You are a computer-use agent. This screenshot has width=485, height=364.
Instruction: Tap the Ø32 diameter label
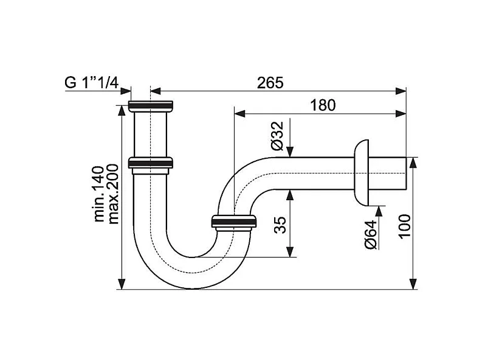pyautogui.click(x=277, y=136)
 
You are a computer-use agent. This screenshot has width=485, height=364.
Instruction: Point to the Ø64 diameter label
pyautogui.click(x=371, y=234)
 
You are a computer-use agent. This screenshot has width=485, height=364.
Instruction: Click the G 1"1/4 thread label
pyautogui.click(x=91, y=83)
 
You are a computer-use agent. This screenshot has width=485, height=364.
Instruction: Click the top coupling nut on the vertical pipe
pyautogui.click(x=151, y=107)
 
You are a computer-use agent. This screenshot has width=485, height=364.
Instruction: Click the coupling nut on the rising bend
pyautogui.click(x=233, y=222)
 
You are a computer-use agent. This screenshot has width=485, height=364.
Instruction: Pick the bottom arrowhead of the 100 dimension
pyautogui.click(x=413, y=284)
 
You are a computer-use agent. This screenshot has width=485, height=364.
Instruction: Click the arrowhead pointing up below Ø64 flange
pyautogui.click(x=380, y=210)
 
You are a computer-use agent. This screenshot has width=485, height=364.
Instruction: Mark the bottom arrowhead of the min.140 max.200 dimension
pyautogui.click(x=122, y=284)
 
